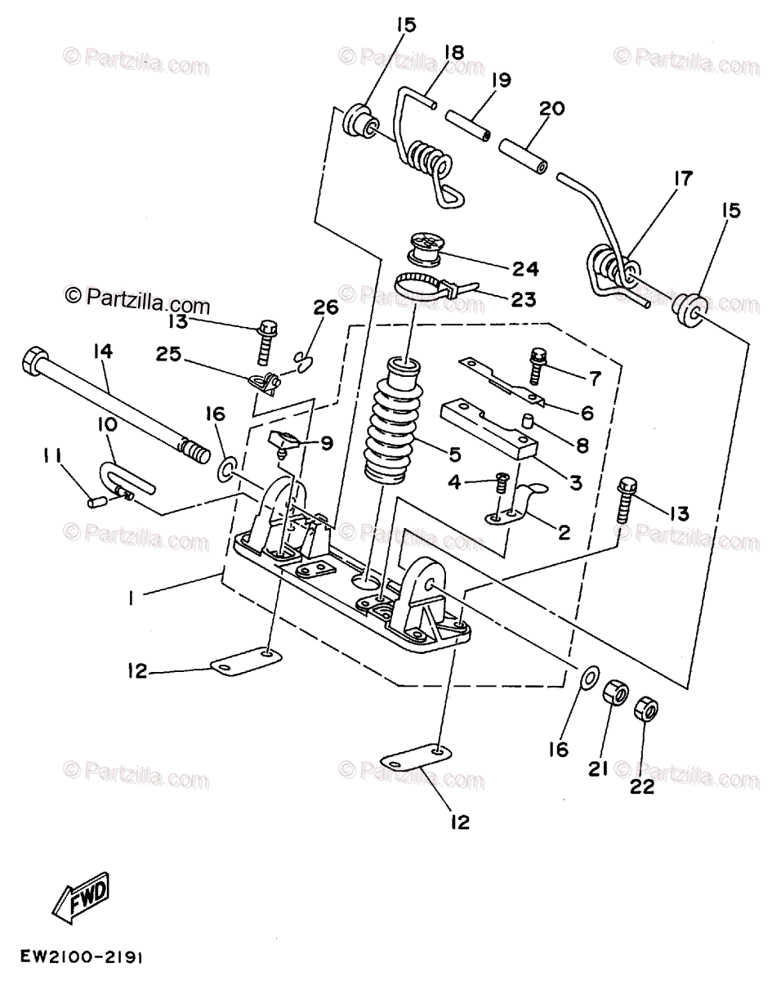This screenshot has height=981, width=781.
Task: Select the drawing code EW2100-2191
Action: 82,956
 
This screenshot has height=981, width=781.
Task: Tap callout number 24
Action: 525,269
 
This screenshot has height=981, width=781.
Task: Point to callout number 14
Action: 104,352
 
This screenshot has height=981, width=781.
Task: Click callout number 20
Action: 551,109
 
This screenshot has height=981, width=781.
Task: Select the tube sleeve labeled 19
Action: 468,125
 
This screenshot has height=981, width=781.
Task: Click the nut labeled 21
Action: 615,693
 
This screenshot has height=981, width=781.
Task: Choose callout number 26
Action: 326,307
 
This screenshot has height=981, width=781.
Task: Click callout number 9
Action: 327,442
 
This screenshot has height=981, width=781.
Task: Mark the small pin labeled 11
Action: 96,502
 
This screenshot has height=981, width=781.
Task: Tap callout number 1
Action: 132,598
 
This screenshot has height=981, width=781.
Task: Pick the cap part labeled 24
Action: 425,249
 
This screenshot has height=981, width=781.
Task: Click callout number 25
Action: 168,354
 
